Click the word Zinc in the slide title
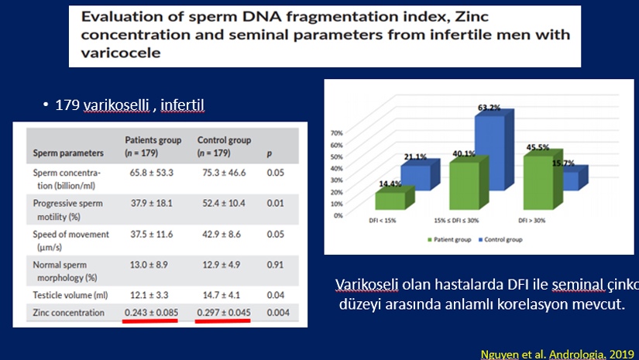click(x=471, y=17)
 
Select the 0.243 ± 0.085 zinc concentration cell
click(x=151, y=312)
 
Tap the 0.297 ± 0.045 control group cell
click(x=224, y=312)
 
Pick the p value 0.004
click(x=278, y=312)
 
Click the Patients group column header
click(x=153, y=146)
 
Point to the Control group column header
click(x=224, y=146)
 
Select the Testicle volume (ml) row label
click(x=70, y=295)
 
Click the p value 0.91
click(x=275, y=265)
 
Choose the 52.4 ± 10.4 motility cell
click(x=224, y=203)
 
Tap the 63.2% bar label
click(x=489, y=108)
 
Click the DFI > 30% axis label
click(x=531, y=221)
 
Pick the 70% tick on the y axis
click(x=337, y=132)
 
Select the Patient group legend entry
click(x=449, y=239)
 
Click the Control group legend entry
click(x=500, y=239)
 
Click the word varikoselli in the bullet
click(x=116, y=105)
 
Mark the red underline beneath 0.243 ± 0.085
click(x=150, y=321)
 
